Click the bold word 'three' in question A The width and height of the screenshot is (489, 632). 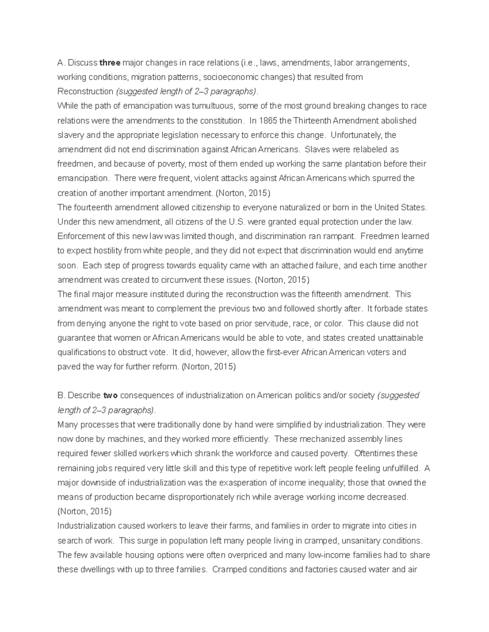click(110, 63)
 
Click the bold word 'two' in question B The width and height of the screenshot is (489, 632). click(110, 396)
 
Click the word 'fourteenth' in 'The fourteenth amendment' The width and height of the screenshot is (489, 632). click(93, 208)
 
